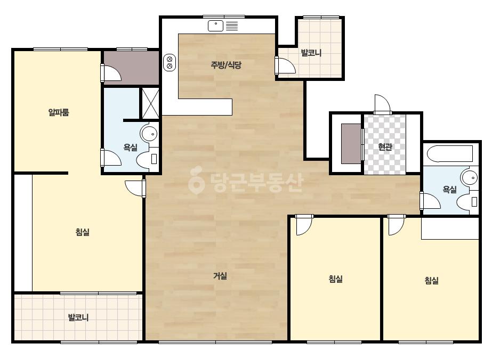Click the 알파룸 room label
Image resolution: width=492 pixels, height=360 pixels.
(59, 112)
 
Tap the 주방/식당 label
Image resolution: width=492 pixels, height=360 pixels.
(226, 65)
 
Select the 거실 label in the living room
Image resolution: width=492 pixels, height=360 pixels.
(220, 276)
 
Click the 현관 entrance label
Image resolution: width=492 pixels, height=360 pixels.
(385, 147)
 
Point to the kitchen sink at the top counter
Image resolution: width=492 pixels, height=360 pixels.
(215, 26)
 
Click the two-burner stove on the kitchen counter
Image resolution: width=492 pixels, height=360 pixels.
(170, 62)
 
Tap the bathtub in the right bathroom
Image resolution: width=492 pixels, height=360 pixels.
(450, 153)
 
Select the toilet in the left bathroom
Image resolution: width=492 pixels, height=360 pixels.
(147, 159)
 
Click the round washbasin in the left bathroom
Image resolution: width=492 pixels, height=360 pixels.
(149, 134)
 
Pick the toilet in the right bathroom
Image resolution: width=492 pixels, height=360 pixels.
(467, 202)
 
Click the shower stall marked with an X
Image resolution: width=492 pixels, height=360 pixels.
(151, 103)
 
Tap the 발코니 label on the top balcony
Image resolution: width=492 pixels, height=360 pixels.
(311, 53)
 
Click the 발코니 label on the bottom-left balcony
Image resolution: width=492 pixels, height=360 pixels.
(78, 317)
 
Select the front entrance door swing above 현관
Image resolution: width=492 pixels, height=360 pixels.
(382, 104)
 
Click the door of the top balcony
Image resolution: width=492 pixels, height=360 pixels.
(286, 66)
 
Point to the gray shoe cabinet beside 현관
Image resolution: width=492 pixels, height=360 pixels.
(351, 144)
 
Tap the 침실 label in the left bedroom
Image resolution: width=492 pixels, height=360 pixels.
(83, 232)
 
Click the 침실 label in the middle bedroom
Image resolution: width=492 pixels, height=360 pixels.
(335, 279)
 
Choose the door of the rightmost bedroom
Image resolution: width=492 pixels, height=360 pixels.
(396, 225)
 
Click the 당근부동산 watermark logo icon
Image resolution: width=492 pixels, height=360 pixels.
(196, 180)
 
